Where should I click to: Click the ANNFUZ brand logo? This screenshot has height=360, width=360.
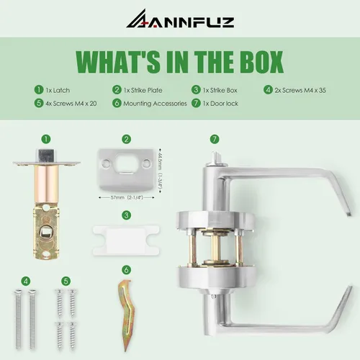point(180,19)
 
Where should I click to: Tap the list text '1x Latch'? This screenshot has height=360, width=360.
point(58,90)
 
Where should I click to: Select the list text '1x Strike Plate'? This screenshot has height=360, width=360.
point(143,90)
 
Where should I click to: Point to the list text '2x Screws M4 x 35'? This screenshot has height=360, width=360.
point(300,90)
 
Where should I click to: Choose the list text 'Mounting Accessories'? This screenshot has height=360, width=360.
point(155,104)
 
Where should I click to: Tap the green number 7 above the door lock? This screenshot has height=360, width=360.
point(215,139)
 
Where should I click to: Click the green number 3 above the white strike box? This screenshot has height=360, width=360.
point(127,215)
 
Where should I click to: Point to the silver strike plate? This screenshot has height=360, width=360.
point(126,170)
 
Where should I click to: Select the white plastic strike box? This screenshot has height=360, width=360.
point(126,240)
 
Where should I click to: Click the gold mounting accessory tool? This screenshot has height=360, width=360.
point(126,315)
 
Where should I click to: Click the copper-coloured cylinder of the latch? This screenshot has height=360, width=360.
point(47,184)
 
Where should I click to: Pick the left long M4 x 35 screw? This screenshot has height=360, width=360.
point(18,319)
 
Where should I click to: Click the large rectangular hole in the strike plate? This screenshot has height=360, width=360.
point(125,163)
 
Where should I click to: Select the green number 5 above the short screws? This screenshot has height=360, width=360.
point(66,281)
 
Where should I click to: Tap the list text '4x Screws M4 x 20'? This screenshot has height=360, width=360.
point(71,104)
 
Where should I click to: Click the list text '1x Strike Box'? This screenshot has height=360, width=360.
point(220,90)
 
